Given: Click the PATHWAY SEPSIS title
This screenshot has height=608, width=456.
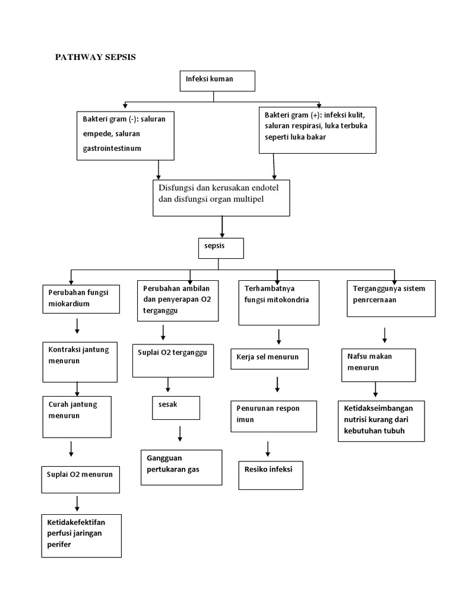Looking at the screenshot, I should tap(95, 58).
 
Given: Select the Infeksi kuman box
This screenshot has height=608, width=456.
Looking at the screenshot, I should tap(217, 81).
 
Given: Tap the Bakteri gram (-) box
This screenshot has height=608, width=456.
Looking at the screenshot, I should tap(126, 135).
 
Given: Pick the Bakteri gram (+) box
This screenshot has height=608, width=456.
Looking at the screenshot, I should tap(317, 129).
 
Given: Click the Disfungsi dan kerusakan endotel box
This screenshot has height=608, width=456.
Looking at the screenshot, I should tap(221, 197).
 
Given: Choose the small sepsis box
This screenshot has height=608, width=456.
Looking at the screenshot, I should tap(221, 249).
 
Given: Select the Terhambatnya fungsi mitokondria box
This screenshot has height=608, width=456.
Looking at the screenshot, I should tap(278, 303).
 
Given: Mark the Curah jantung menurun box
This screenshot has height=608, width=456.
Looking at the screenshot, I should tap(77, 415).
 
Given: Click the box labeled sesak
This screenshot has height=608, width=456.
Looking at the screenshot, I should tap(175, 407).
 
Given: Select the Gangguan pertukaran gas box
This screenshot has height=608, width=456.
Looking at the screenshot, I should tap(181, 467).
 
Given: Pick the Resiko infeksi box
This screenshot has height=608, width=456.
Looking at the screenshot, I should tap(270, 475).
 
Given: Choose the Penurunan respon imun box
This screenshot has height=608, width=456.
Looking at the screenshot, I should tap(273, 417).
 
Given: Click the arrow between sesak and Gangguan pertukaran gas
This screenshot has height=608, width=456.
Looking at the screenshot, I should tap(180, 433).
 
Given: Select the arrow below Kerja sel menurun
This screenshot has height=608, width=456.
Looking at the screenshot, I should tap(277, 384).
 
